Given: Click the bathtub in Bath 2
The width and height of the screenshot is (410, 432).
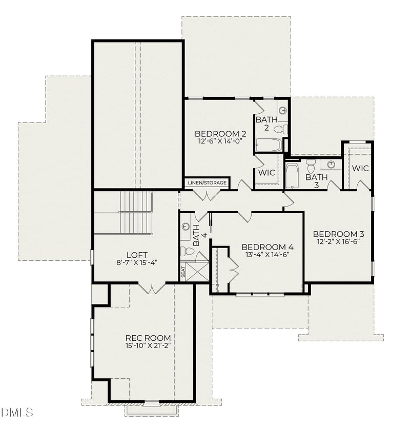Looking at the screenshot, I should click(x=268, y=145).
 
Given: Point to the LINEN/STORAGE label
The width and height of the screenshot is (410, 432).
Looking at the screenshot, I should click(x=207, y=182).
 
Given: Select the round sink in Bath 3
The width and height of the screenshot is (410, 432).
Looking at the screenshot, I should click(x=332, y=164).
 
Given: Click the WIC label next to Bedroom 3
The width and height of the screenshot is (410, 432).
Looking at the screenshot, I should click(x=360, y=168).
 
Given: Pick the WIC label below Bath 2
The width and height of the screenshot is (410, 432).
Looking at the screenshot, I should click(x=266, y=173).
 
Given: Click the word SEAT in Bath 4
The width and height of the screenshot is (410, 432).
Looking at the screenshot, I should click(x=183, y=272).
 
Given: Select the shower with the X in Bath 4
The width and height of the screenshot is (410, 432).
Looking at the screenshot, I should click(x=197, y=271).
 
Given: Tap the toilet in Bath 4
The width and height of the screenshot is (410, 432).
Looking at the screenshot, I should click(x=188, y=251).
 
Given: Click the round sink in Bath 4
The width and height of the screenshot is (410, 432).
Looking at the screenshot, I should click(x=186, y=226).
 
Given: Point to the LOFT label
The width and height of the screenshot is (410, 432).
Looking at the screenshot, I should click(x=137, y=255).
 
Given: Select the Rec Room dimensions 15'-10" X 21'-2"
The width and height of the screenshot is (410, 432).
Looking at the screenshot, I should click(x=148, y=346).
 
